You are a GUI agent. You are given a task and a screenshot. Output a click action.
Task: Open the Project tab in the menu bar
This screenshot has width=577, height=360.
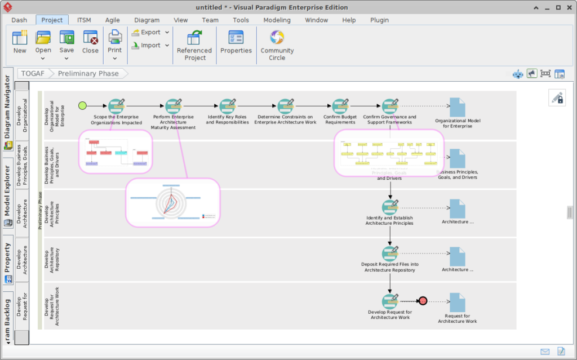[x=52, y=20]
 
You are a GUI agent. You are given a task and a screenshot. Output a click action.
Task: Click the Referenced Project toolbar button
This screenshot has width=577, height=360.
[x=195, y=45]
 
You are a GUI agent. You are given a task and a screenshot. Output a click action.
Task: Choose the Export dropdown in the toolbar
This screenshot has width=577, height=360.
[x=150, y=32]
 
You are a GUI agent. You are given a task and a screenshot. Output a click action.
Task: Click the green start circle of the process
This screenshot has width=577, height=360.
[x=83, y=105]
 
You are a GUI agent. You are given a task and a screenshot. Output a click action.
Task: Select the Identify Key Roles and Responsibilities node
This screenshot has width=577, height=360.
[x=227, y=106]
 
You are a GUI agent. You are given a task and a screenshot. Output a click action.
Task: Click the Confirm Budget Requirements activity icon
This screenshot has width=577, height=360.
[x=340, y=106]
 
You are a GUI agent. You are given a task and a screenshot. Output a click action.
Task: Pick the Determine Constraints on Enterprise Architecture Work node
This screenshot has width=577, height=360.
[x=285, y=106]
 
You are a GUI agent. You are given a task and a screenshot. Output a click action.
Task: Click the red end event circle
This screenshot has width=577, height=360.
[x=423, y=301]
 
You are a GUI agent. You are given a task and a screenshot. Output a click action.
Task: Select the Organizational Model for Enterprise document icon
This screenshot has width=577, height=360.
[x=458, y=108]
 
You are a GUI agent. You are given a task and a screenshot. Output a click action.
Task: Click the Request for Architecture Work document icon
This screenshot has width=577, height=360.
[x=458, y=303]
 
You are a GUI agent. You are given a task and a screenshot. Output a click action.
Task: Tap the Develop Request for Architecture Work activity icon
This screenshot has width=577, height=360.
[x=389, y=301]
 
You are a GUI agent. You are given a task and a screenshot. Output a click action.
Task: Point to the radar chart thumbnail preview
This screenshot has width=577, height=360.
[x=172, y=203]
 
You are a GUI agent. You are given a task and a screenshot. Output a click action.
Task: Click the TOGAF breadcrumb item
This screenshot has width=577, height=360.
[x=33, y=73]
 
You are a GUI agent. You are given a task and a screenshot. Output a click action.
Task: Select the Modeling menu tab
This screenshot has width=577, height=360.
[x=277, y=20]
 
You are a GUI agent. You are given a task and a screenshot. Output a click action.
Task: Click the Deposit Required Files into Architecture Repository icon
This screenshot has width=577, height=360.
[x=389, y=254]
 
